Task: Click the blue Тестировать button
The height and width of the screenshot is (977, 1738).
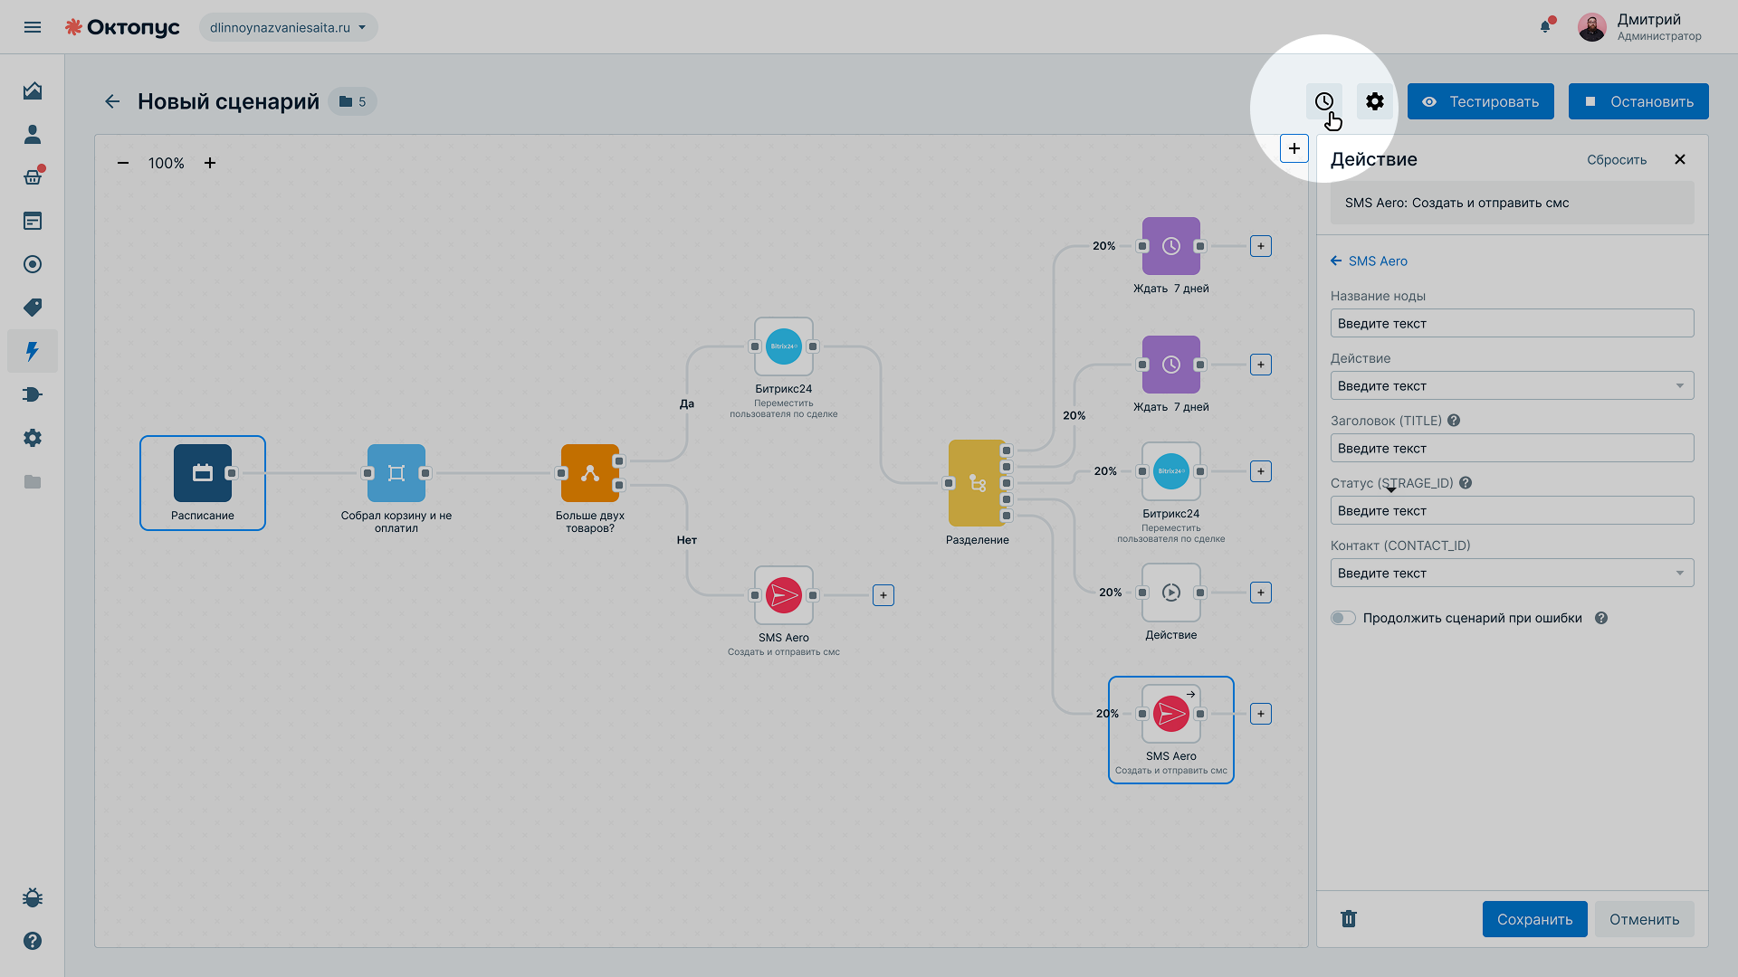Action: click(1480, 101)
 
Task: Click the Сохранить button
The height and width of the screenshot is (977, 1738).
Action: click(1534, 919)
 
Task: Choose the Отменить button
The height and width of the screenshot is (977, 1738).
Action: click(1644, 919)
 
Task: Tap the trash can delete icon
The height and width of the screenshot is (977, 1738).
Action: click(1349, 919)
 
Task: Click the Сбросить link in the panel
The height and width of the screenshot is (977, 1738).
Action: click(1617, 160)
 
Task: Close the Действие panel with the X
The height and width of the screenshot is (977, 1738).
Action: click(1680, 159)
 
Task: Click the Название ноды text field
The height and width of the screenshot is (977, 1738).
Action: click(1512, 323)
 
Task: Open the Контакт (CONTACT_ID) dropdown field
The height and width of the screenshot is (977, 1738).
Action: click(1512, 573)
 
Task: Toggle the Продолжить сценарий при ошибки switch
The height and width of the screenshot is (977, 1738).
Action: click(1343, 618)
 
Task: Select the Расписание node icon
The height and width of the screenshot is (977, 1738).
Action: click(203, 473)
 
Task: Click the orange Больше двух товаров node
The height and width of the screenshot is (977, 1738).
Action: click(590, 473)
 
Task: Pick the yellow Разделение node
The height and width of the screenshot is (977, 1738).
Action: click(978, 483)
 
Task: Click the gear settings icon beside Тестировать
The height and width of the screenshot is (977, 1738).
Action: click(1375, 101)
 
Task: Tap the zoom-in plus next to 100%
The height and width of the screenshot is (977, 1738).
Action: click(210, 163)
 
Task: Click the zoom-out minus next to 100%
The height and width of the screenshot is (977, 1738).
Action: click(123, 163)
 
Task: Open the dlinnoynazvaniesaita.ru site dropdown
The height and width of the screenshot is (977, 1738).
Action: click(289, 27)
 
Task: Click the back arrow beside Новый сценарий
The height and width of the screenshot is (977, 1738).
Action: click(112, 101)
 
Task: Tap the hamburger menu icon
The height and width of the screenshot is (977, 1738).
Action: click(33, 27)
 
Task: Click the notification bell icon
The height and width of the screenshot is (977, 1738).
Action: click(1545, 26)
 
